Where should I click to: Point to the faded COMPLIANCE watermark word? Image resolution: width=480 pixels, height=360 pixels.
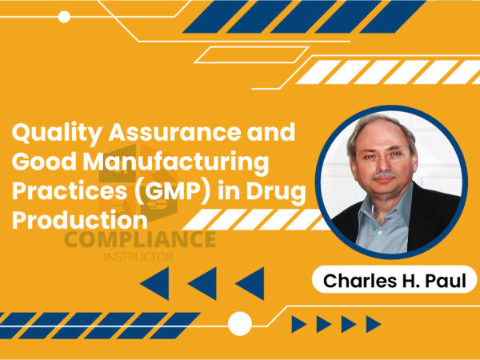(139, 241)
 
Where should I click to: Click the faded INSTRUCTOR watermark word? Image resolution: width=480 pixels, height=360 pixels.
(139, 258)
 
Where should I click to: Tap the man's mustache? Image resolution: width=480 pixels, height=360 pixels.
(384, 174)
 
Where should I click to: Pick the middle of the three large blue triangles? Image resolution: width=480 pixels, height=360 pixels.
(202, 283)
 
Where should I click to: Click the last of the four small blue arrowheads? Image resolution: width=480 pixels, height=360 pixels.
(373, 323)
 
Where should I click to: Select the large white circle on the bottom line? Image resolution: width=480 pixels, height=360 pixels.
(239, 323)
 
